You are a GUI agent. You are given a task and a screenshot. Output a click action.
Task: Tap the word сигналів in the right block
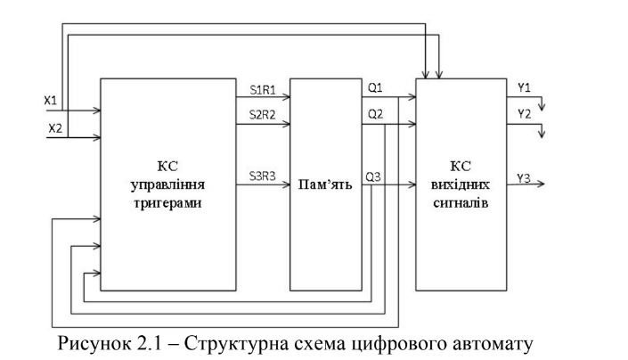tap(461, 203)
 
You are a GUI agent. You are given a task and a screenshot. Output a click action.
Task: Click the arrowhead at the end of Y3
tap(551, 186)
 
